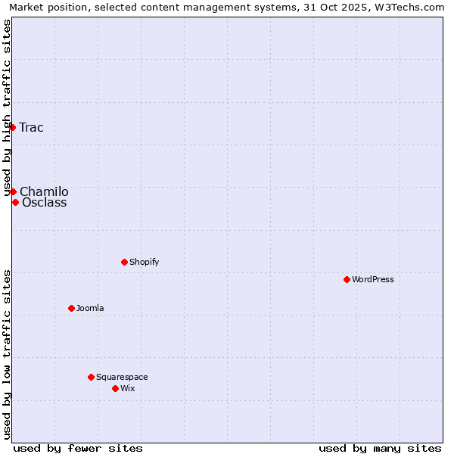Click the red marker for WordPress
pyautogui.click(x=347, y=279)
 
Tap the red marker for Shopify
pyautogui.click(x=124, y=262)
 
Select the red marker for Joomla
pyautogui.click(x=71, y=308)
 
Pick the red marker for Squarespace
pyautogui.click(x=91, y=377)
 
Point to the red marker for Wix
pyautogui.click(x=115, y=388)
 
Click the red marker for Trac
pyautogui.click(x=13, y=127)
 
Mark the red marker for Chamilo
pyautogui.click(x=13, y=191)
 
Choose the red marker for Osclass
pyautogui.click(x=15, y=202)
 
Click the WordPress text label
pyautogui.click(x=373, y=279)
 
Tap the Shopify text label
pyautogui.click(x=144, y=262)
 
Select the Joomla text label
pyautogui.click(x=90, y=308)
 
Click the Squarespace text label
pyautogui.click(x=122, y=377)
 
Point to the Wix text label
pyautogui.click(x=127, y=388)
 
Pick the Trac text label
pyautogui.click(x=32, y=127)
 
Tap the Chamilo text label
pyautogui.click(x=44, y=191)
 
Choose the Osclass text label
pyautogui.click(x=44, y=202)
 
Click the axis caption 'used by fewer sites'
pyautogui.click(x=78, y=448)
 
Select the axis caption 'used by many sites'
pyautogui.click(x=380, y=448)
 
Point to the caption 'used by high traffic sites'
pyautogui.click(x=7, y=108)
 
